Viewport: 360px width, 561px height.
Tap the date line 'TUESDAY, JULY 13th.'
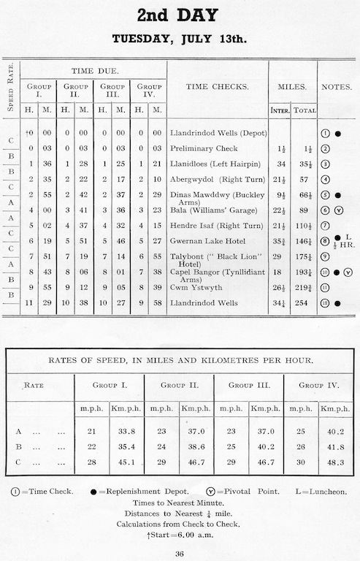coord(180,39)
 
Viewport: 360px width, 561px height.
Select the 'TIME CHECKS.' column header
coord(217,87)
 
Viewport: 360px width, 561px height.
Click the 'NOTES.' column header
coord(337,87)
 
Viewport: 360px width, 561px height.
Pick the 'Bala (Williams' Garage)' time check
coord(211,210)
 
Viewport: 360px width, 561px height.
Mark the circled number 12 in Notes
coord(326,302)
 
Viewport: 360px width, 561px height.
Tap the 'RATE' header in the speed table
coord(34,385)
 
